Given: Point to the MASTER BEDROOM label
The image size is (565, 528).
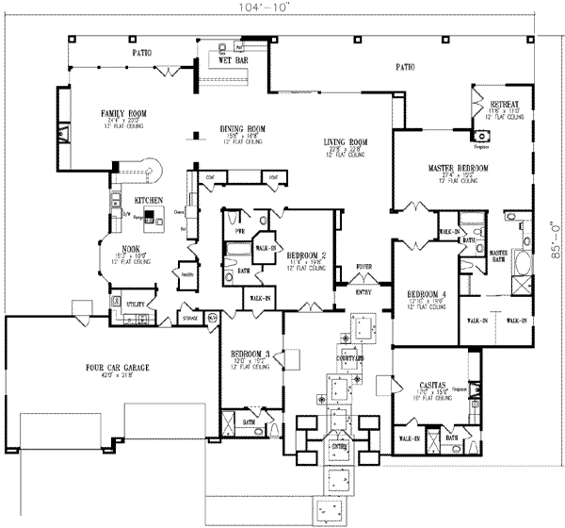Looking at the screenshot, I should [459, 167].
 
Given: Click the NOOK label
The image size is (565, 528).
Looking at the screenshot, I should [117, 248].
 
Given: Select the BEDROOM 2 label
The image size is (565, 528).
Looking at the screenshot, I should [306, 256].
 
